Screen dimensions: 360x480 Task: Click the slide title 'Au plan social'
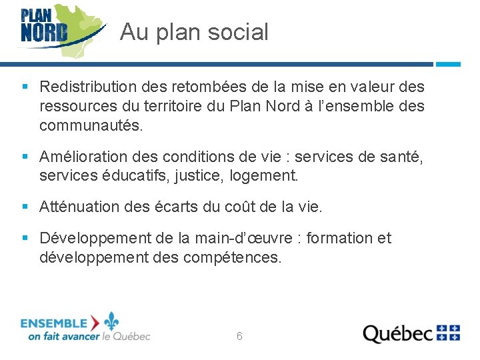tap(194, 32)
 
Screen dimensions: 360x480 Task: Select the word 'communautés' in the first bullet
tap(89, 125)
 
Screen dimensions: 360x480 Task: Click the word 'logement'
tap(268, 177)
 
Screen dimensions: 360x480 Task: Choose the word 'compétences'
tap(240, 257)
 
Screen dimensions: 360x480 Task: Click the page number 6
tap(239, 337)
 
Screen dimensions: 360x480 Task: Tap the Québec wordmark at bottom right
tap(397, 333)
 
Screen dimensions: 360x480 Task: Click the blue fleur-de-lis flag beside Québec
tap(448, 333)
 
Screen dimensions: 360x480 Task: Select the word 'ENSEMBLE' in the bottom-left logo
tap(54, 323)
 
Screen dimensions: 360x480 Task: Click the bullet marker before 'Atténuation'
tap(25, 207)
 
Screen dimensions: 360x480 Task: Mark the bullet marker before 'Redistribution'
tap(25, 87)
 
